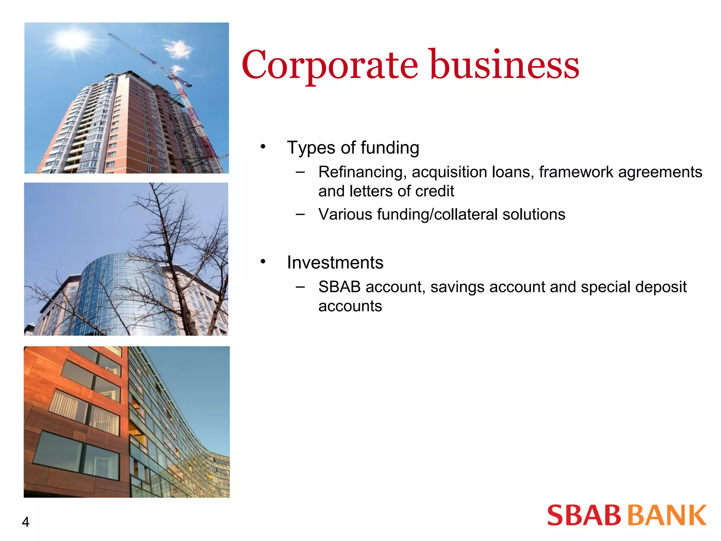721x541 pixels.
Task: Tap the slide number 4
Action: pos(25,522)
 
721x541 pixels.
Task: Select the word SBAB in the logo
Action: pos(584,515)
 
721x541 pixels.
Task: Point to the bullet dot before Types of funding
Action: pos(263,146)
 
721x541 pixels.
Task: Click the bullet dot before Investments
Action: pos(263,261)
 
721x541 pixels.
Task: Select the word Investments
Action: pos(335,263)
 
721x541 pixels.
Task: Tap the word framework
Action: pos(576,172)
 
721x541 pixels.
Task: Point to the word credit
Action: pos(434,191)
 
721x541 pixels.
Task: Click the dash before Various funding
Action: pos(300,214)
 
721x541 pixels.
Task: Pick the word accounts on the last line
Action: pos(350,306)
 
